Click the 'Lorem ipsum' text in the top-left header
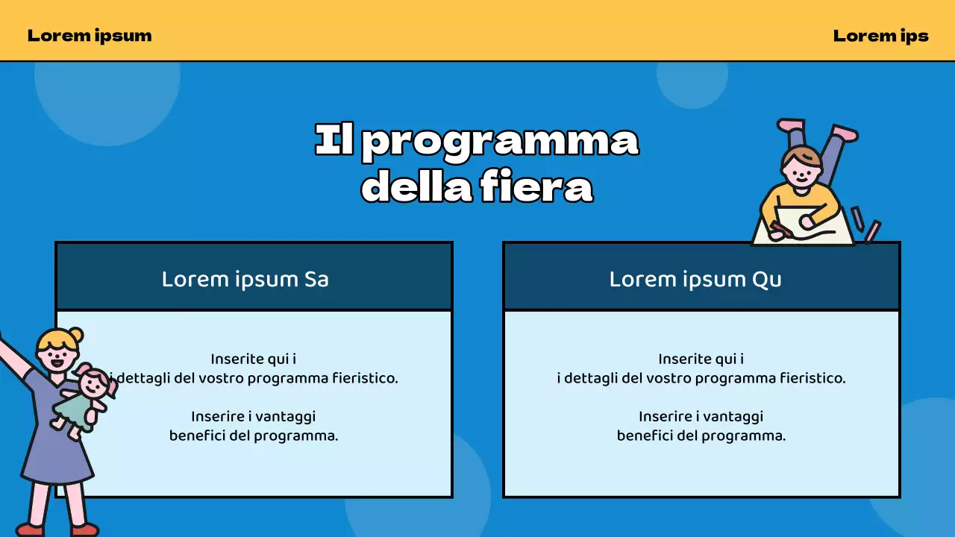click(90, 35)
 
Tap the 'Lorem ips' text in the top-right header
click(880, 35)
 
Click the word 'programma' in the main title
click(500, 141)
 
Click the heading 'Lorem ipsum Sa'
click(245, 279)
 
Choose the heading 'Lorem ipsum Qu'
click(695, 279)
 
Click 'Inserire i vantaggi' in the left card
click(254, 416)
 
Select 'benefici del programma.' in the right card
click(701, 436)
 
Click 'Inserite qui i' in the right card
click(701, 359)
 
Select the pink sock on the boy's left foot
click(791, 125)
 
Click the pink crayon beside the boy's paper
click(871, 231)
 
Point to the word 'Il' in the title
click(334, 141)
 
